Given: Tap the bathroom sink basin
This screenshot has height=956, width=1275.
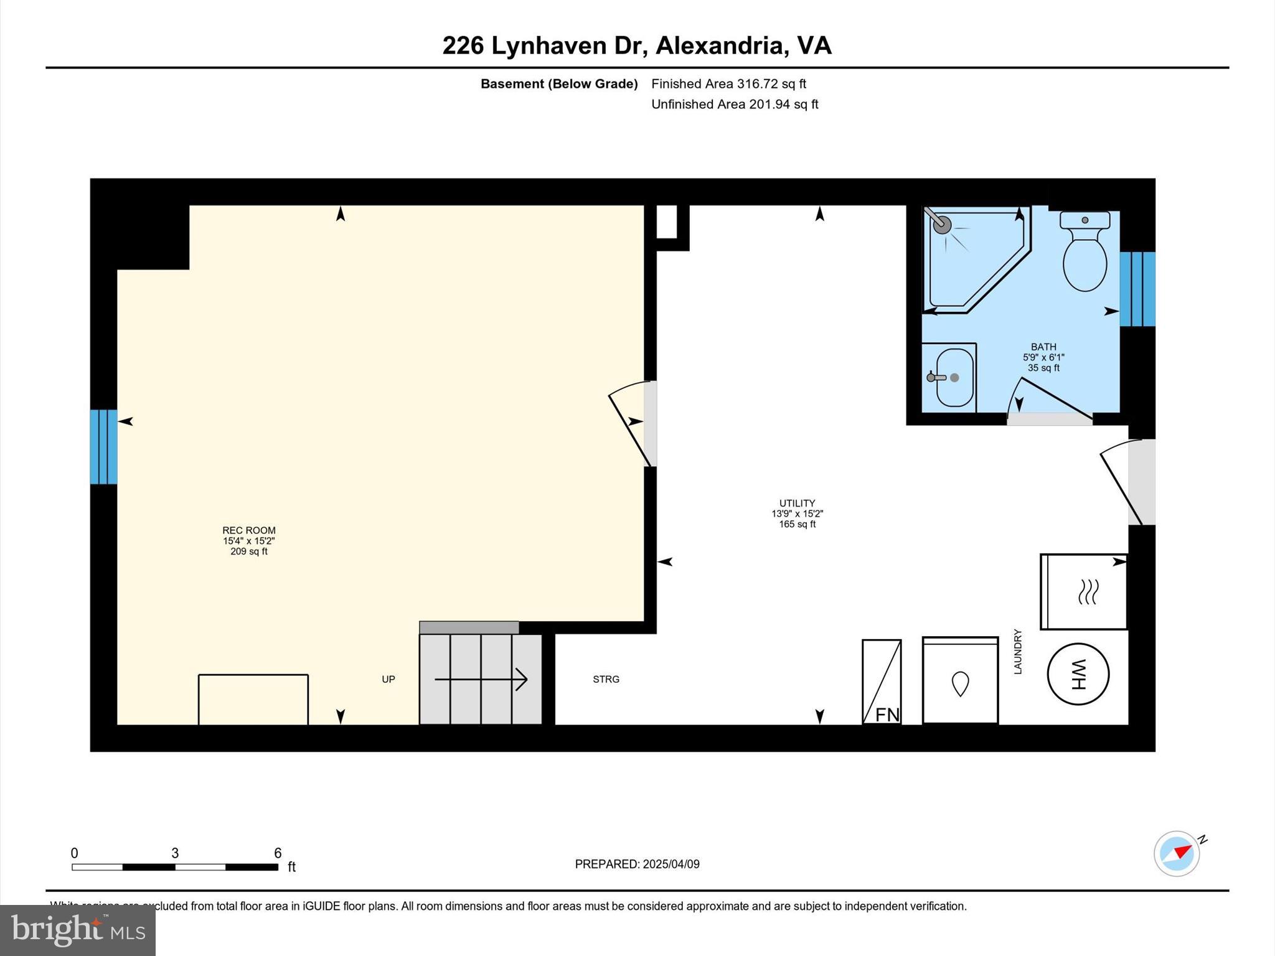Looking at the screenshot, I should tap(954, 377).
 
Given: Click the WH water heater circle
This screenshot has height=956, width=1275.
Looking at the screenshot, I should tap(1078, 674).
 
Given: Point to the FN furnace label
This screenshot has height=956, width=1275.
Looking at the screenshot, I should tap(887, 715).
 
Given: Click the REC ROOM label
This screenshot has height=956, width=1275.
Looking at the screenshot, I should tap(248, 530).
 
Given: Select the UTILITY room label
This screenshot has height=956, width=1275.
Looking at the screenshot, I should tap(797, 503).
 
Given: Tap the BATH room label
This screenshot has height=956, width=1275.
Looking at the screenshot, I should tap(1043, 347).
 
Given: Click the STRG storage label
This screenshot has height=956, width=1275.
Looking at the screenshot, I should tap(606, 679).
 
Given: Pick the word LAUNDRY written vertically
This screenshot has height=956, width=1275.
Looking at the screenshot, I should tap(1018, 651).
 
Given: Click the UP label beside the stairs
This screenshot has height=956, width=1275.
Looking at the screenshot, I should tap(388, 679).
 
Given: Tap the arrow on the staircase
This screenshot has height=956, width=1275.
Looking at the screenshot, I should tap(481, 679).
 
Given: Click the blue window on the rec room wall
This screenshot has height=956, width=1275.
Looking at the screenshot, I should tap(103, 446).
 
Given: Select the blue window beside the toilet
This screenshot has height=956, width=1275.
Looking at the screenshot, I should tap(1137, 289).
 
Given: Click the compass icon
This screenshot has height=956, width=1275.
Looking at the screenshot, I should tap(1176, 854).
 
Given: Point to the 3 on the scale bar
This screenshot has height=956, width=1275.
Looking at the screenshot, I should tap(175, 853).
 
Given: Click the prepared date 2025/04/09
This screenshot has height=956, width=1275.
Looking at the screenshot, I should tap(670, 864).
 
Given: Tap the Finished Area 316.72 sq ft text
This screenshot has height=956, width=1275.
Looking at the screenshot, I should tap(728, 83).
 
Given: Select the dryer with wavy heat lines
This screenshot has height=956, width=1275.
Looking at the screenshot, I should tap(1084, 591).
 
